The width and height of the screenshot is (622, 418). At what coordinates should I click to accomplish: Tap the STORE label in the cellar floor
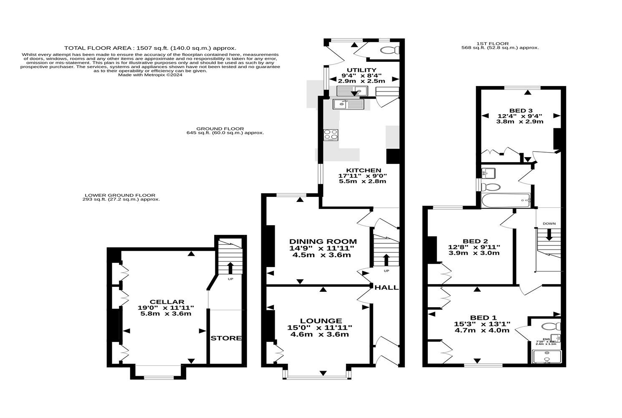226,338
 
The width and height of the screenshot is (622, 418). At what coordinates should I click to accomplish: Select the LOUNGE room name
320,321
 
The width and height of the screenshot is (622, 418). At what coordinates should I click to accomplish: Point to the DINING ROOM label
323,242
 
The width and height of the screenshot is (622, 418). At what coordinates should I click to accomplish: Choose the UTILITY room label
362,70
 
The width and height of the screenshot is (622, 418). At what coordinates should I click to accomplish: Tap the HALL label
386,288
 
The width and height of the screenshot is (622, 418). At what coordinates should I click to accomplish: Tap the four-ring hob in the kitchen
331,135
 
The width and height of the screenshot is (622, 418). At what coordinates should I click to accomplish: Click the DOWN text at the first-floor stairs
549,224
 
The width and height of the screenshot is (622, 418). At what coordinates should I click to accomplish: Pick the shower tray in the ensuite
547,357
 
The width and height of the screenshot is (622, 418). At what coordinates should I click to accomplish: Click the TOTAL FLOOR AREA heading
150,48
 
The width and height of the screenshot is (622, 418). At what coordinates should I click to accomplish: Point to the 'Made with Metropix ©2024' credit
150,75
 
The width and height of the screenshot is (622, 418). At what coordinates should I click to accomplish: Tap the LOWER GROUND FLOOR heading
120,195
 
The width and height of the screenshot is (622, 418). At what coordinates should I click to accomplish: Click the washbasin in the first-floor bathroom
487,172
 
